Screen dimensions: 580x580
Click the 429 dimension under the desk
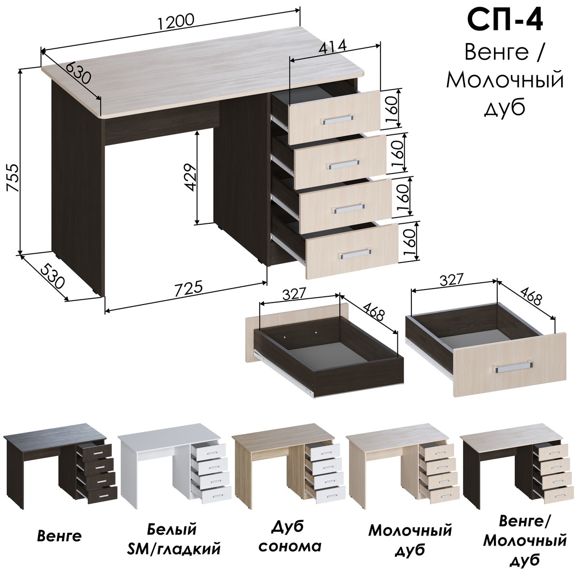190,177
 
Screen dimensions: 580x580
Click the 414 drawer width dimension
333,47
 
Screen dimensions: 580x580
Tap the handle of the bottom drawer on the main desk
355,254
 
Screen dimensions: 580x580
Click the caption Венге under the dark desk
59,536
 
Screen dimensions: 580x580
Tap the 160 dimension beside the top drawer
391,108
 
